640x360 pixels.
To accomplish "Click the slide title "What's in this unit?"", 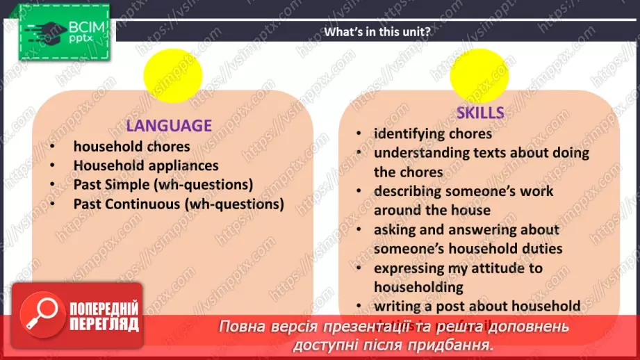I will tap(378, 31).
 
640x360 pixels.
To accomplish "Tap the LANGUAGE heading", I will tap(169, 126).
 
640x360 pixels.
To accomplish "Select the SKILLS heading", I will tap(480, 113).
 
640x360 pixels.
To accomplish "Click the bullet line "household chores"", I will tap(131, 147).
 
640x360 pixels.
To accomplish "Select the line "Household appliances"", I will tap(146, 166).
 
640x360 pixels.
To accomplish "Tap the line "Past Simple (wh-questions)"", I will tap(163, 185).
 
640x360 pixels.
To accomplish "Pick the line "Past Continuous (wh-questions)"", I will tap(179, 204).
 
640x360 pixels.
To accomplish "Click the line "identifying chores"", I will tap(433, 133).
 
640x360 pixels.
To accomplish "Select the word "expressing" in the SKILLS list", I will tap(410, 268).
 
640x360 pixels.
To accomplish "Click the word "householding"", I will tap(418, 286).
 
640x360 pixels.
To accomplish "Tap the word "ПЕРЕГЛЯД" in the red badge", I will tap(104, 325).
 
